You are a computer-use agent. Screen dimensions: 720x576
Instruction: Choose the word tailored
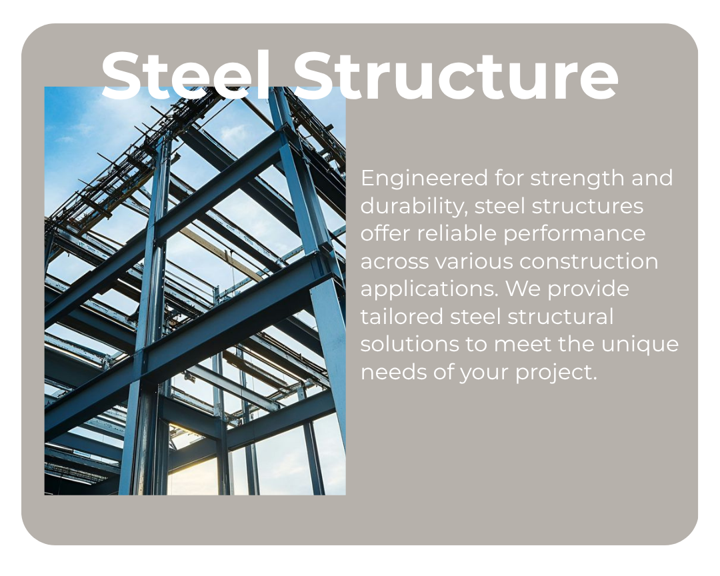point(401,317)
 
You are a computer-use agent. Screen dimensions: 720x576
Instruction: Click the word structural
point(561,317)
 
